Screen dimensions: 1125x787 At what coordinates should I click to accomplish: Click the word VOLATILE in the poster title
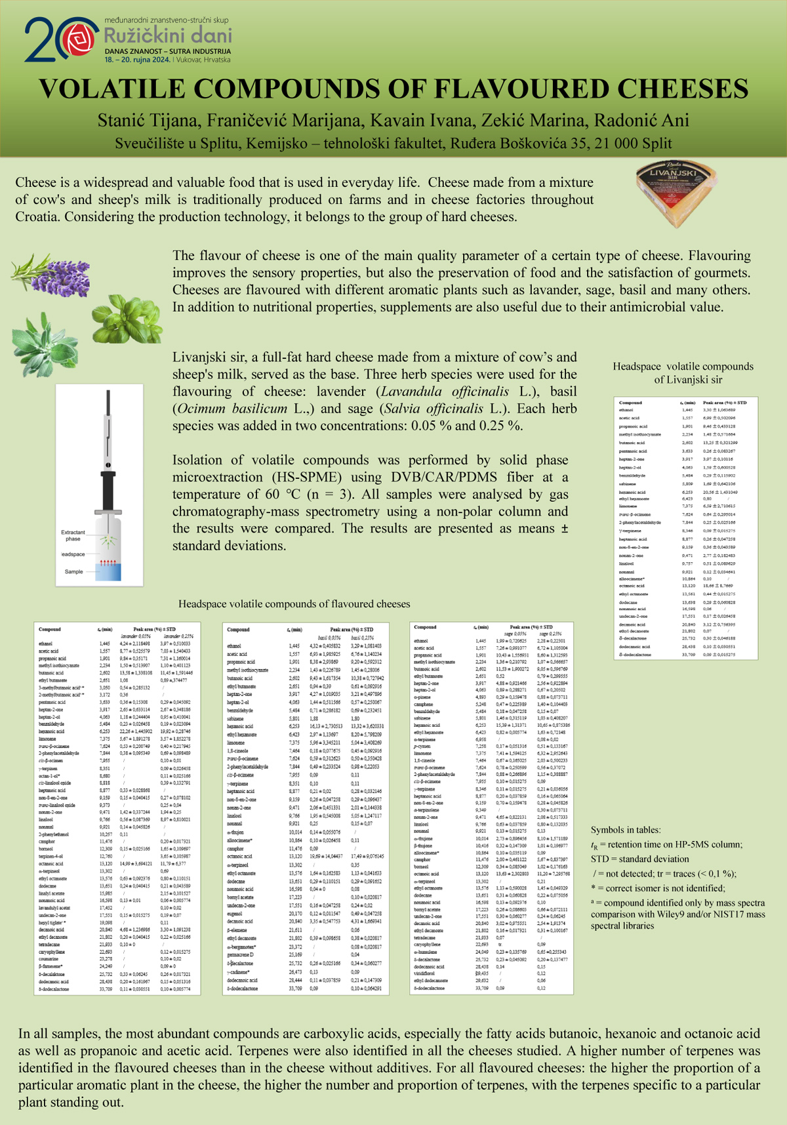pos(111,89)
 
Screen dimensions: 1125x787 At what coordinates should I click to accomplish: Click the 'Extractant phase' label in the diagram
pos(73,535)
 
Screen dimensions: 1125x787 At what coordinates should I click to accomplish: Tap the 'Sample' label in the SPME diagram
pos(73,571)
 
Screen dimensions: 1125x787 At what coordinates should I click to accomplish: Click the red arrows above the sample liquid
pos(107,563)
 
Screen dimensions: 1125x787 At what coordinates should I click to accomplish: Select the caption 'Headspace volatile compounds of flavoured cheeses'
pos(294,604)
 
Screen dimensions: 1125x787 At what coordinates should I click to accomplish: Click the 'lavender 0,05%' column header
pos(136,636)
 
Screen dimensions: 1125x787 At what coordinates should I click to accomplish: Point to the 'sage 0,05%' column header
pos(515,634)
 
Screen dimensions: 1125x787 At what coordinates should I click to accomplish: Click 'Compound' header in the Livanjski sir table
pos(630,403)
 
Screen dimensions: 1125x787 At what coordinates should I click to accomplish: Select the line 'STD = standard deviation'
pos(639,859)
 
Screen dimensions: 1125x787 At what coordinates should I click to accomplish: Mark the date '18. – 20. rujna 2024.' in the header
pos(137,60)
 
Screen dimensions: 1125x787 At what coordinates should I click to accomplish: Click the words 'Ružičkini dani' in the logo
pos(168,35)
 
